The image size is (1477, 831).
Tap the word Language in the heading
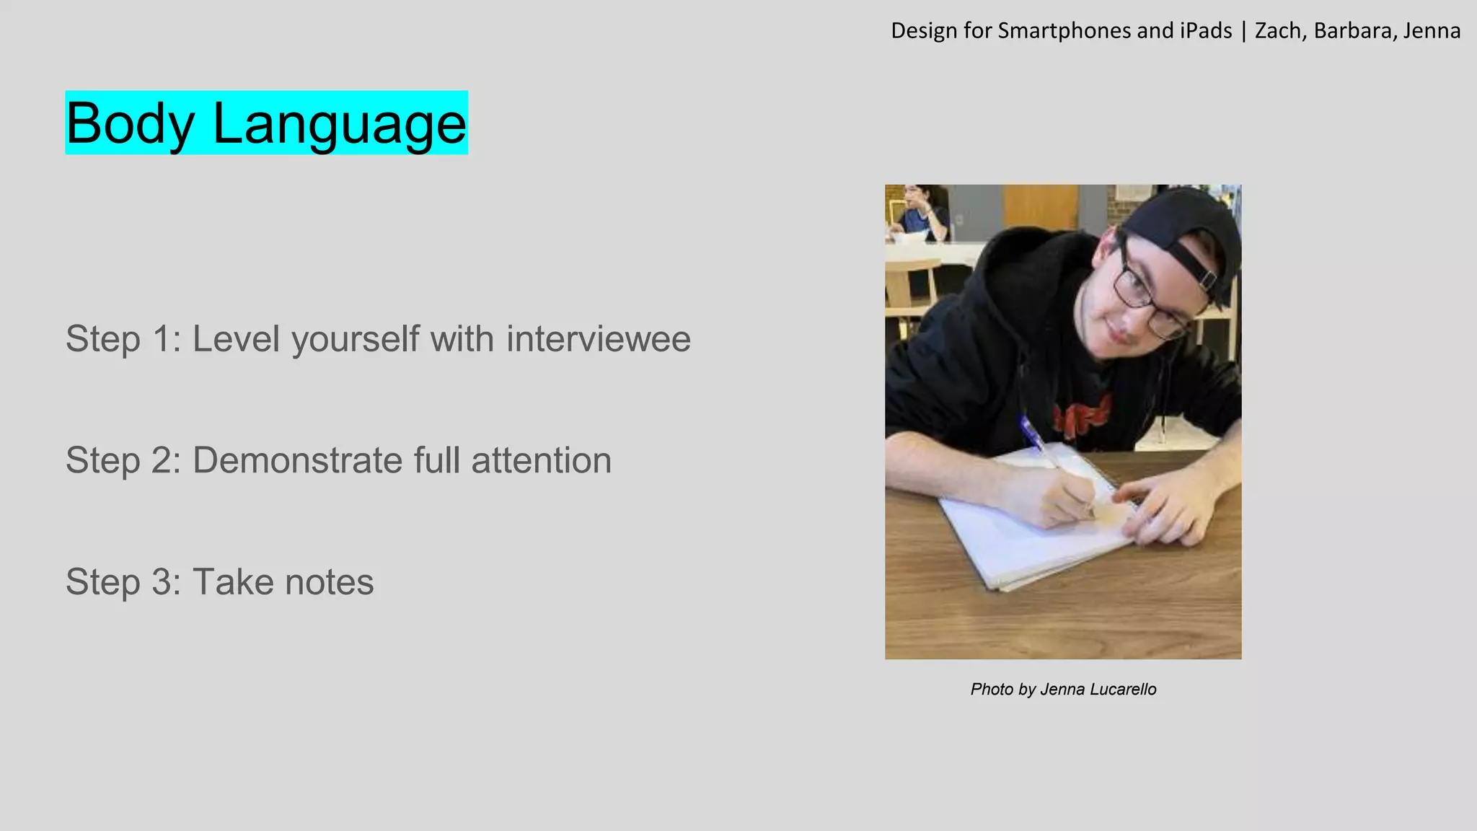[x=340, y=124]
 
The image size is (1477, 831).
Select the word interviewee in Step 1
[x=598, y=339]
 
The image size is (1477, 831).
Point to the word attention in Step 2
[x=541, y=460]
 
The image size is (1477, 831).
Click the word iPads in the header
[x=1206, y=31]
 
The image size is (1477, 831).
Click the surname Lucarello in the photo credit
[x=1123, y=690]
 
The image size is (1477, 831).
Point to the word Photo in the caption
[x=992, y=690]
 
